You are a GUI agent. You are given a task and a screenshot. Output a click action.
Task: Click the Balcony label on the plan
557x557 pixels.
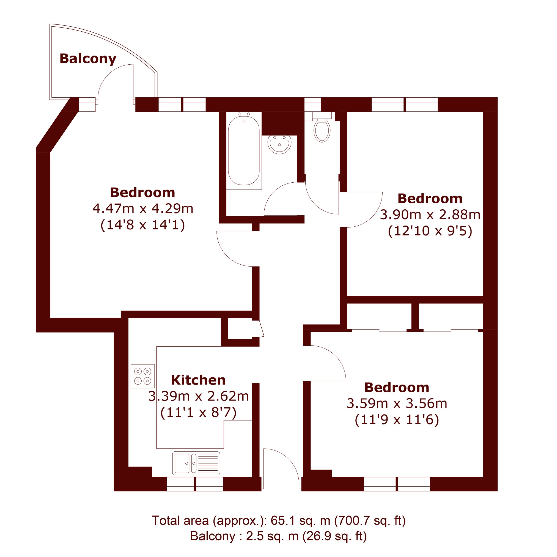(88, 59)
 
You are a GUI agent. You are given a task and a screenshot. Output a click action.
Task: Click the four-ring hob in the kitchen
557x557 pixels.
(143, 376)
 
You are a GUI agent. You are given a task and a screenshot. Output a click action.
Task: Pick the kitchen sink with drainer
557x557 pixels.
(196, 463)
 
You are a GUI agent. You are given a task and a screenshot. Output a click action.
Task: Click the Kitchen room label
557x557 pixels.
(198, 380)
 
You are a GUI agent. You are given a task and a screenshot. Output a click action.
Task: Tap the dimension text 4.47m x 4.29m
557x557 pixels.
(143, 209)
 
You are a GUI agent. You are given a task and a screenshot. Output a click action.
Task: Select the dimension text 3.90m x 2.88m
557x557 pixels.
(430, 215)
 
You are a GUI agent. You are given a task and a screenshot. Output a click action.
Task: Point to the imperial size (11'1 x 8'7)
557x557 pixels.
(198, 413)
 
